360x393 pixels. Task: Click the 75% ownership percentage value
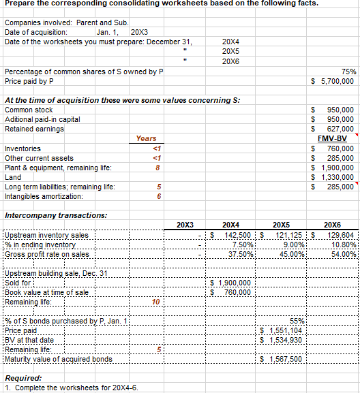(x=347, y=71)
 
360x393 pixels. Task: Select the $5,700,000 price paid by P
(x=333, y=81)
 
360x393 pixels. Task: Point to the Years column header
(x=146, y=138)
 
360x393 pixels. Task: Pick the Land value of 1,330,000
(x=333, y=176)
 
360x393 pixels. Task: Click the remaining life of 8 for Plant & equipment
(x=158, y=167)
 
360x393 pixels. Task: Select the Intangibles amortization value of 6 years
(x=158, y=196)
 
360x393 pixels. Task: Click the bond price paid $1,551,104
(x=283, y=330)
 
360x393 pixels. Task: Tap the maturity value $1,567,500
(x=283, y=359)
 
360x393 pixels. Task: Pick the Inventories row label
(x=22, y=148)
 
